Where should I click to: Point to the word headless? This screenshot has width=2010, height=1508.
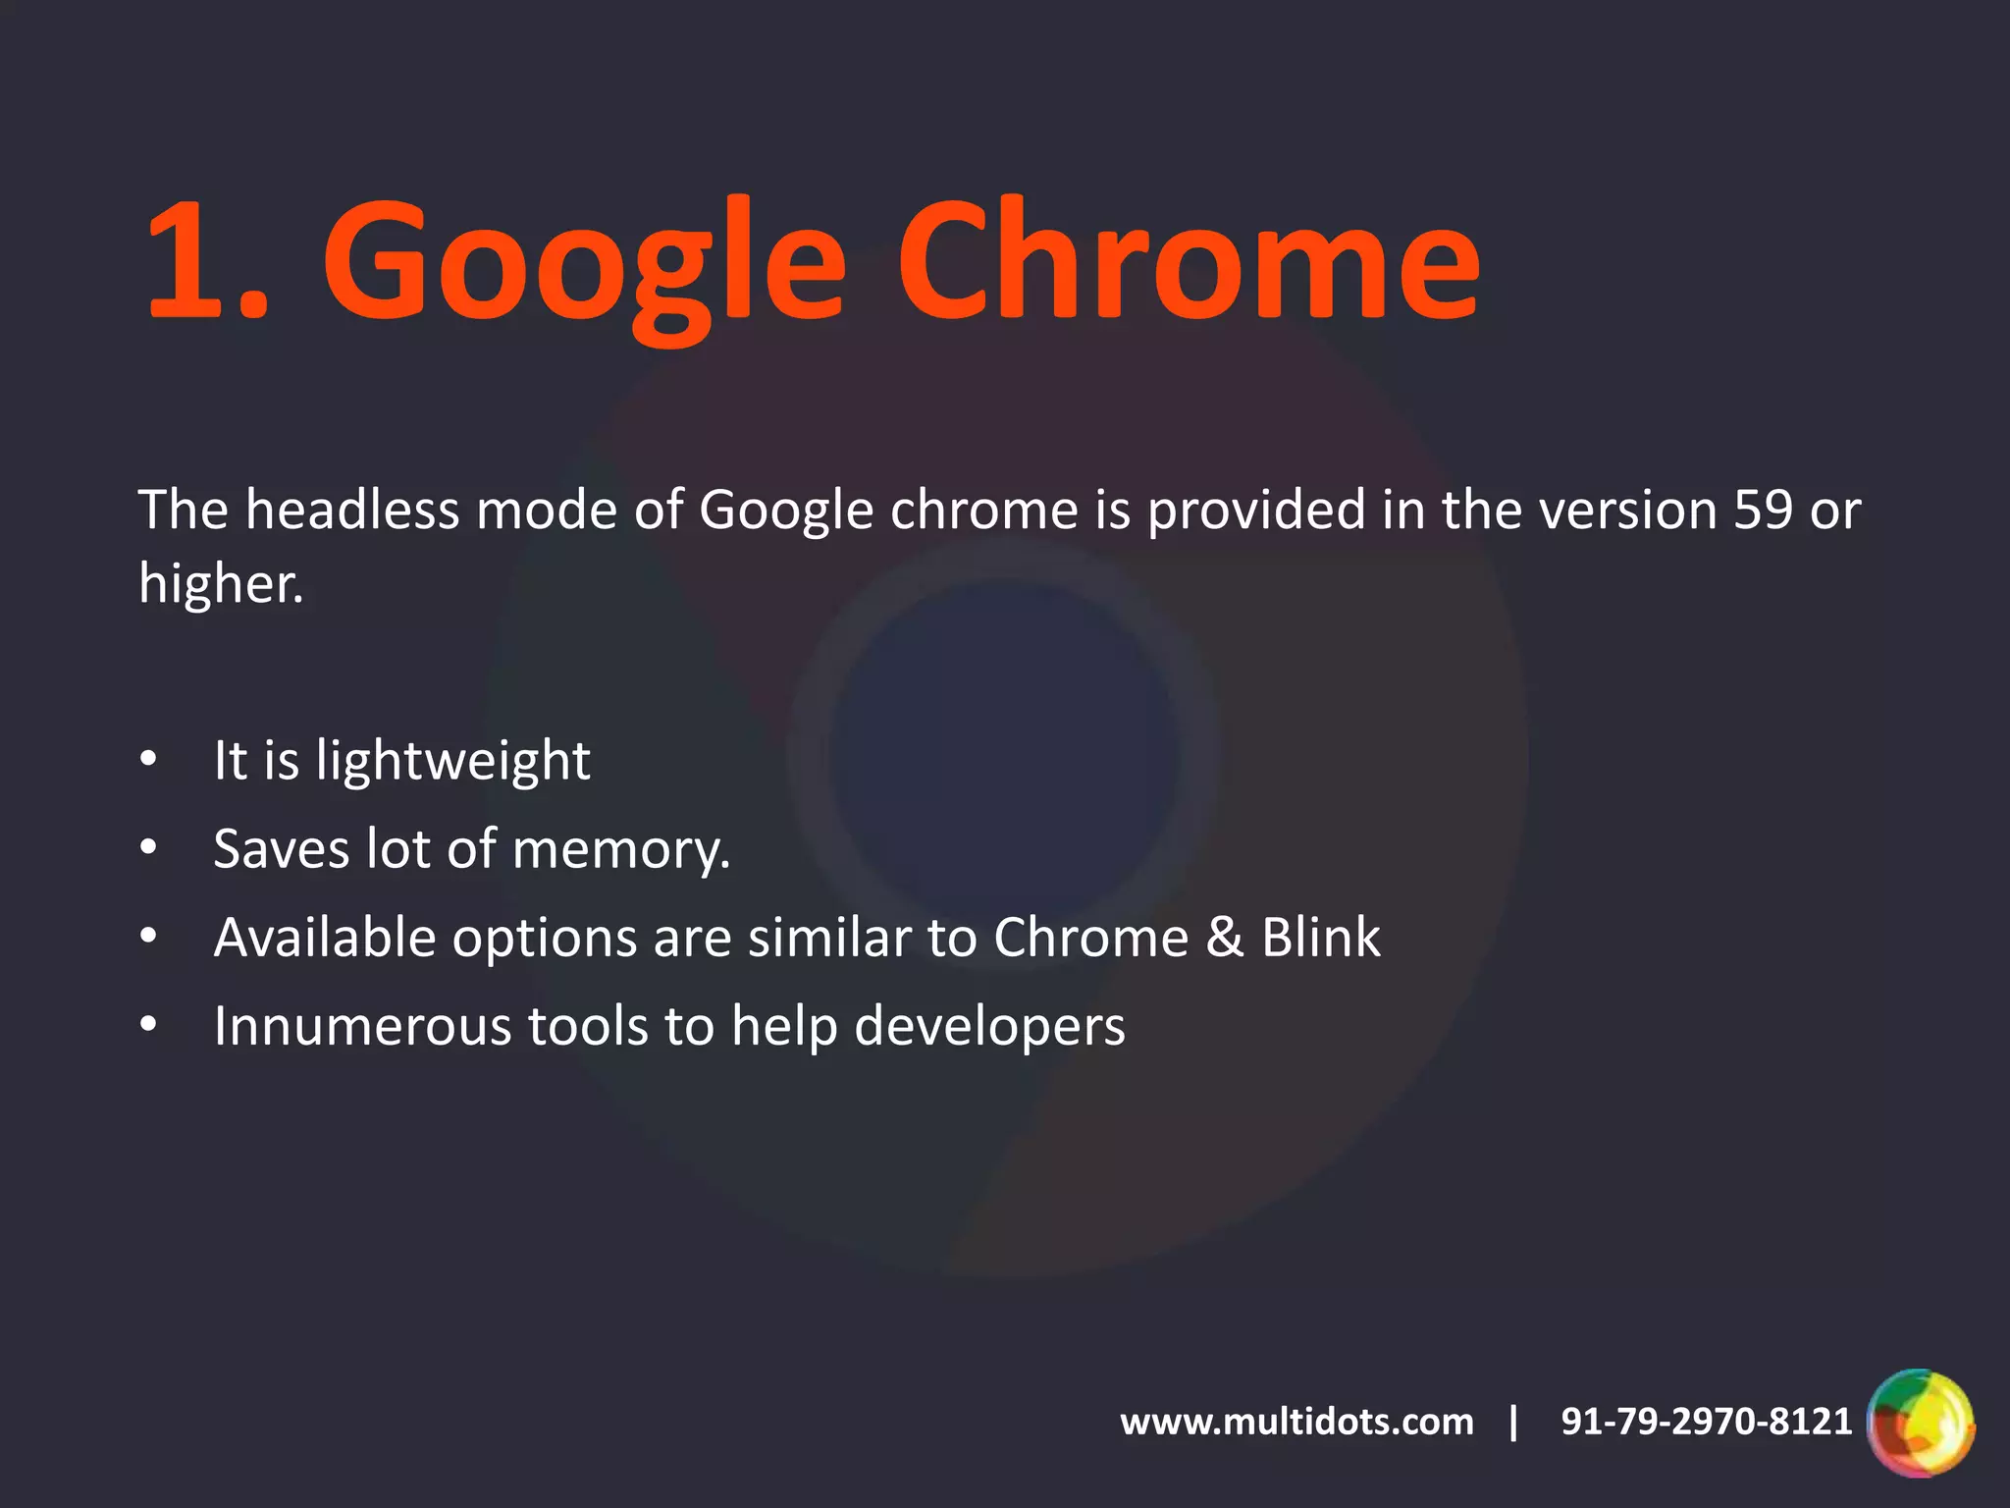[x=352, y=511]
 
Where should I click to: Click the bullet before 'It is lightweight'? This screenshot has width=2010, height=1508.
[x=148, y=759]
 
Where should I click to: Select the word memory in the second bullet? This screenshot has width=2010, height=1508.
[x=620, y=850]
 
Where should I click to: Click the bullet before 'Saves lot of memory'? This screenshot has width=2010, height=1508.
[x=148, y=847]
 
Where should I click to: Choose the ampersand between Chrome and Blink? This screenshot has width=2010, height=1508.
[x=1225, y=937]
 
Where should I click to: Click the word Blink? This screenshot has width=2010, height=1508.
[x=1321, y=938]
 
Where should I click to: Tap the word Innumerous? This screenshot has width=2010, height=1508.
[x=362, y=1027]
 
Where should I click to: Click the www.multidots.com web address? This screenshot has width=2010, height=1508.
[x=1296, y=1422]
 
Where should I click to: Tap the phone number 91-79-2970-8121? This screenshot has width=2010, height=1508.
[x=1706, y=1422]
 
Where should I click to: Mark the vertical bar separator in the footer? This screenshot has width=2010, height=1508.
[x=1514, y=1422]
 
